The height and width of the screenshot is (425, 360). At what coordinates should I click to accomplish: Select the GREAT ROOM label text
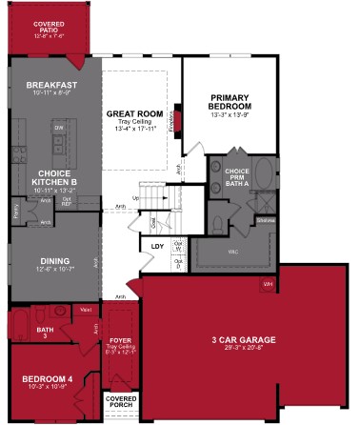(x=131, y=111)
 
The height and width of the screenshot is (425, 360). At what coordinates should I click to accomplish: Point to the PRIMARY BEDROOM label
(x=230, y=100)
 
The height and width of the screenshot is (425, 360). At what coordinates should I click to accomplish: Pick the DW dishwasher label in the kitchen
(x=59, y=127)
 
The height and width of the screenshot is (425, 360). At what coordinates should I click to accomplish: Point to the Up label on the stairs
(x=135, y=198)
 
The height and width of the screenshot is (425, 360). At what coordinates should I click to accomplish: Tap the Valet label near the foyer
(x=85, y=308)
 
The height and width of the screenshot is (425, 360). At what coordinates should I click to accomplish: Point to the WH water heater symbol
(x=268, y=284)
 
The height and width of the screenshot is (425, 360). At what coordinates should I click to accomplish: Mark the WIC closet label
(x=232, y=252)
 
